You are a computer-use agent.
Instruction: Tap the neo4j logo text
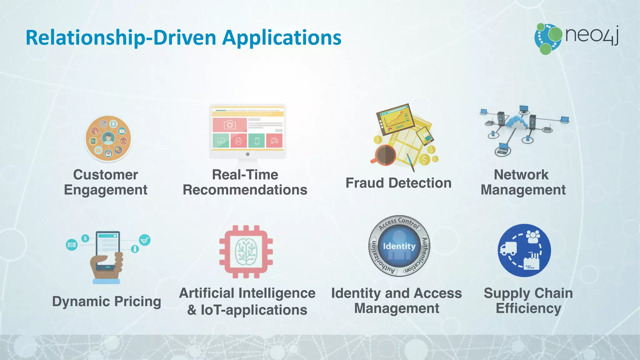coord(592,35)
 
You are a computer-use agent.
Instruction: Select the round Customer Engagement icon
coord(108,139)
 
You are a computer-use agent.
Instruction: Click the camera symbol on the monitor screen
coord(229,125)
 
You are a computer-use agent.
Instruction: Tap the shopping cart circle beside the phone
coord(144,240)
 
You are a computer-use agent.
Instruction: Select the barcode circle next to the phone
coord(72,244)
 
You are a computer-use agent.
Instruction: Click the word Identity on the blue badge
coord(399,246)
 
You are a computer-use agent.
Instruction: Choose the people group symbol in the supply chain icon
coord(533,237)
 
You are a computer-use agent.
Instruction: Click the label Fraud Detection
coord(398,183)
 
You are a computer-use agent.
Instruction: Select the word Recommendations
coord(245,190)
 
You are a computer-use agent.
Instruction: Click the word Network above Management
coord(521,175)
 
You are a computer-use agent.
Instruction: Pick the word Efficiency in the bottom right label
coord(528,308)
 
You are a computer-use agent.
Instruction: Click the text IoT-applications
coord(254,310)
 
